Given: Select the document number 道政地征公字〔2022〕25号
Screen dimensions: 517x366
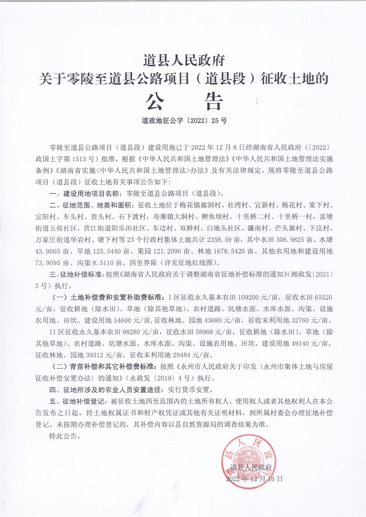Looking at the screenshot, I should tap(184, 121).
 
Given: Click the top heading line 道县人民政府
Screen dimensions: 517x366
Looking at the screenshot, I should tap(184, 61).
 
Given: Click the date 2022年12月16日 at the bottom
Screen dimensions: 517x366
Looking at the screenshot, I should tap(254, 479).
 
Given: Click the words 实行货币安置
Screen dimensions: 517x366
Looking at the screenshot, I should tap(190, 390).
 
